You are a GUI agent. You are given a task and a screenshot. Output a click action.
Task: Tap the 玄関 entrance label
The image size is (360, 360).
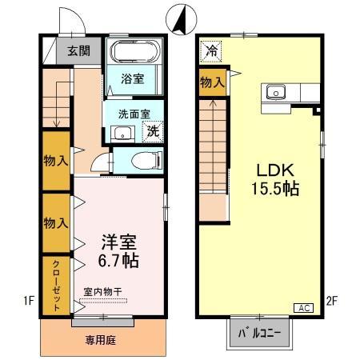(78, 50)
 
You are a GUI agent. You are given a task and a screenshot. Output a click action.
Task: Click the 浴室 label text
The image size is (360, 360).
(132, 79)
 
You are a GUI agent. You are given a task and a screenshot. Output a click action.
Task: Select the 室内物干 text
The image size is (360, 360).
(102, 292)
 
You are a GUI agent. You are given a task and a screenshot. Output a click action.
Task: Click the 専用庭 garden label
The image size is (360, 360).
(102, 340)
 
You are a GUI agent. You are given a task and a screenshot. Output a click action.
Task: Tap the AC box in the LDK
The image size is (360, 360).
(304, 307)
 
